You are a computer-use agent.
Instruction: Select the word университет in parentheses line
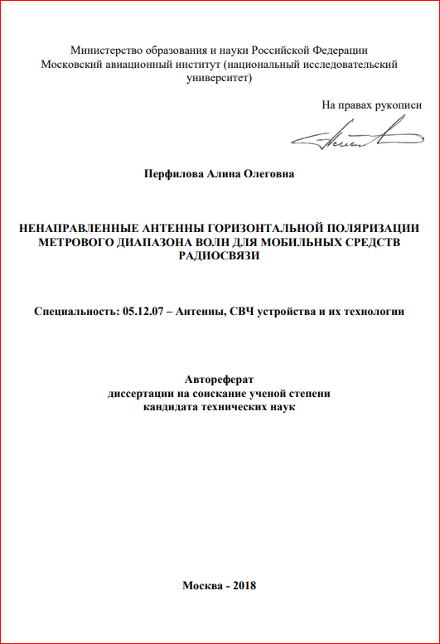click(220, 78)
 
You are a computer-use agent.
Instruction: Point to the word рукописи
click(399, 105)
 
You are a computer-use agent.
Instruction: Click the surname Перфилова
click(174, 174)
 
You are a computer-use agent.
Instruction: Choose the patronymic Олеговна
click(268, 174)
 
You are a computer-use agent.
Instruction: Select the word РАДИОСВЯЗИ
click(220, 256)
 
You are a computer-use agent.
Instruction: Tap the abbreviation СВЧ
click(247, 312)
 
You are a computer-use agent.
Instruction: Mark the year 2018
click(245, 585)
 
